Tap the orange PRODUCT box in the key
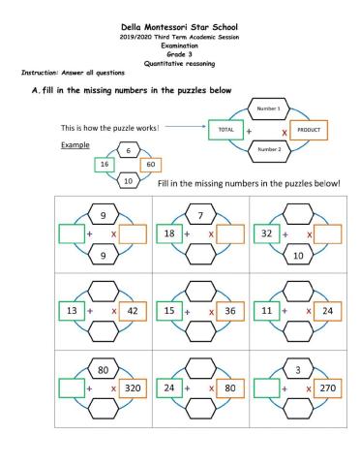click(x=309, y=129)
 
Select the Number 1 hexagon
click(x=268, y=109)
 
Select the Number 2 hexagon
click(x=268, y=149)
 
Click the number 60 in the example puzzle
click(x=151, y=165)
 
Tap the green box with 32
click(x=267, y=233)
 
